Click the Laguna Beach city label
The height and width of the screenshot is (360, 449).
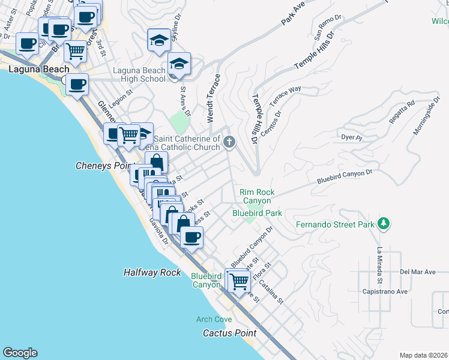pyautogui.click(x=35, y=70)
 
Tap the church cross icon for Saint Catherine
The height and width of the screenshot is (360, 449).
pyautogui.click(x=228, y=142)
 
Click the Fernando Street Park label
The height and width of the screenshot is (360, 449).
pyautogui.click(x=335, y=226)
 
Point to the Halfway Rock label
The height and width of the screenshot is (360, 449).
pyautogui.click(x=152, y=272)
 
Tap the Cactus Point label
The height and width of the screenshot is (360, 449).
pyautogui.click(x=229, y=333)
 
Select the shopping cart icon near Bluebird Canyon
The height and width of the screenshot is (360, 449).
pyautogui.click(x=239, y=280)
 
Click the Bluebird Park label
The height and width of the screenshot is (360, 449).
pyautogui.click(x=257, y=212)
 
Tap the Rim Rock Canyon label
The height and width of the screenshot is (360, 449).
pyautogui.click(x=257, y=196)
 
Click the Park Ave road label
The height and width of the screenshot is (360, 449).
pyautogui.click(x=294, y=14)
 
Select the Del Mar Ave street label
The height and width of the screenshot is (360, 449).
pyautogui.click(x=418, y=272)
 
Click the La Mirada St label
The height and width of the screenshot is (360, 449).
pyautogui.click(x=379, y=266)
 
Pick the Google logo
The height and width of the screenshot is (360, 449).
pyautogui.click(x=20, y=353)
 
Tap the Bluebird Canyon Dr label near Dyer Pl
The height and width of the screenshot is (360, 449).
pyautogui.click(x=345, y=175)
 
